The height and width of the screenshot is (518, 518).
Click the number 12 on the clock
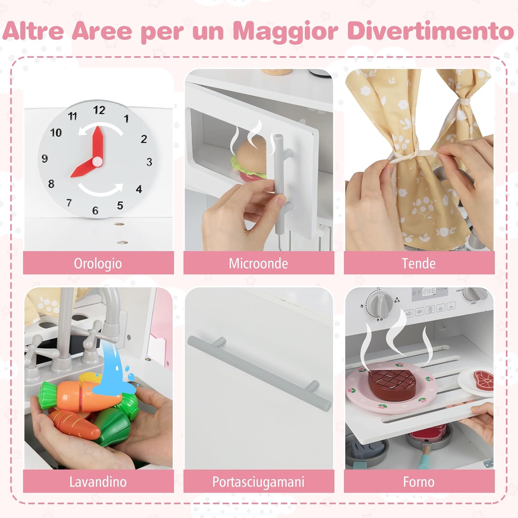click(99, 110)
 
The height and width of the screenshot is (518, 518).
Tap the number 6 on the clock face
click(95, 210)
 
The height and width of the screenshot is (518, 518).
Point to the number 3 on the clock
click(149, 162)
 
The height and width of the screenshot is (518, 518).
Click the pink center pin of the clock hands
click(98, 160)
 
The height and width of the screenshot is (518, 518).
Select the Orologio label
click(98, 263)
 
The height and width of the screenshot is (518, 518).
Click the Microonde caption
click(258, 263)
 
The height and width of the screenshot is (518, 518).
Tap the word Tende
click(419, 263)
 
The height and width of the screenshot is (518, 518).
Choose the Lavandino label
click(98, 482)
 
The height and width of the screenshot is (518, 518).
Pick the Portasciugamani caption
click(258, 482)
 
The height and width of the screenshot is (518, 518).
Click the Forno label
click(419, 482)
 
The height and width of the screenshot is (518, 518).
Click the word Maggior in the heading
click(285, 31)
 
